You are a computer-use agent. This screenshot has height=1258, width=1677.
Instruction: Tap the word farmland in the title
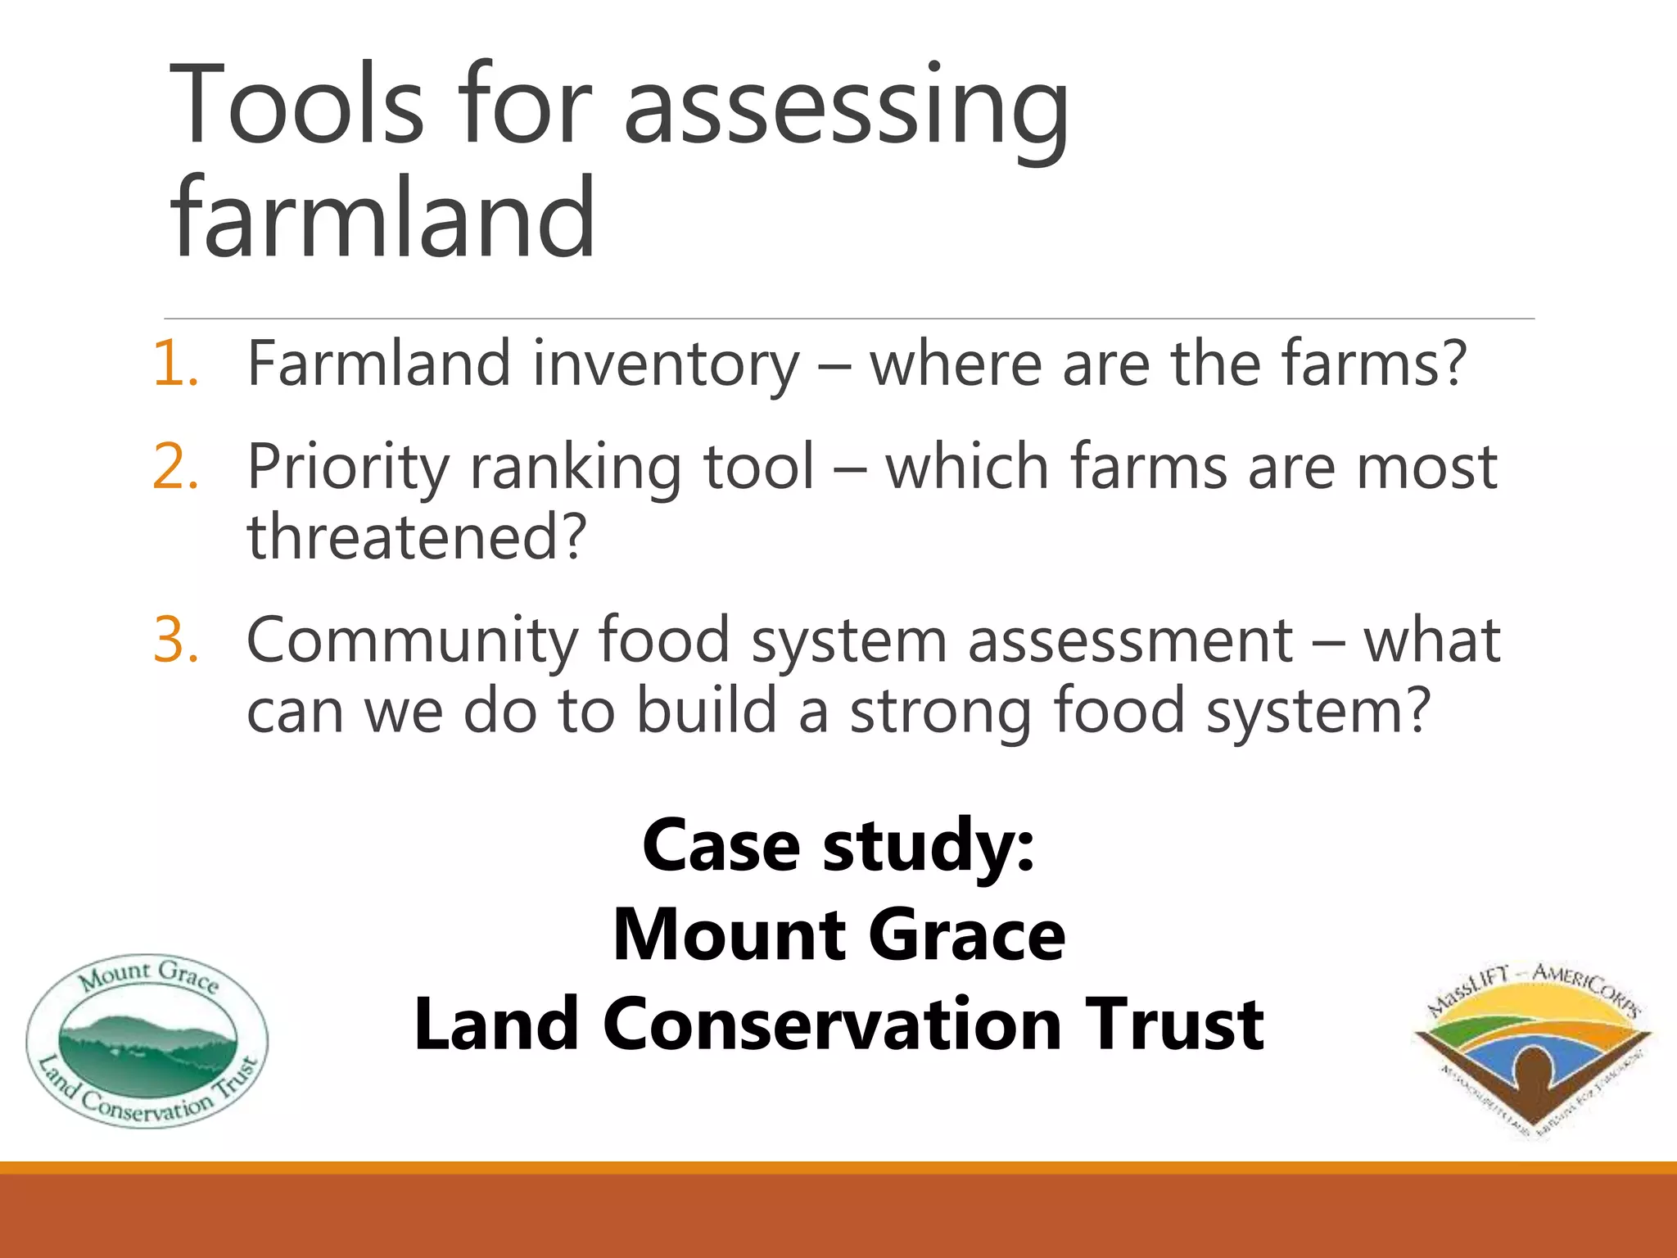pyautogui.click(x=383, y=219)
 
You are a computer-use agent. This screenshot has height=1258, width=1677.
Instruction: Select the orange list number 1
pyautogui.click(x=175, y=364)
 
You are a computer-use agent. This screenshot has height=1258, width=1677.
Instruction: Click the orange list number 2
pyautogui.click(x=175, y=467)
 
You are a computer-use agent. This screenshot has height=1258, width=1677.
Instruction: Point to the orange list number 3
pyautogui.click(x=175, y=640)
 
